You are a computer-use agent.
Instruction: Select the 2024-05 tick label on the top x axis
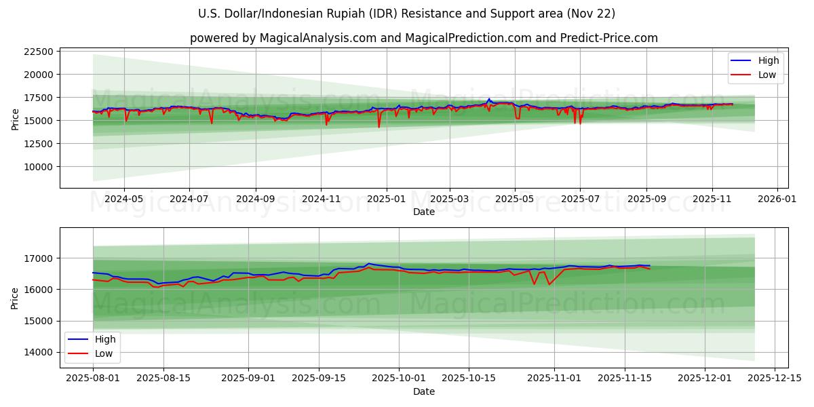click(123, 199)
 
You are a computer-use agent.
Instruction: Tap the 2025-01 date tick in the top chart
click(386, 199)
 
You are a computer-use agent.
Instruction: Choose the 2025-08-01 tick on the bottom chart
click(93, 379)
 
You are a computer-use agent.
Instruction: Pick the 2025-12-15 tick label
click(774, 379)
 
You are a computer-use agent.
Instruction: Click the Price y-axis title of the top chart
click(15, 120)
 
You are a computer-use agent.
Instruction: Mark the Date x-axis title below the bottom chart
click(424, 391)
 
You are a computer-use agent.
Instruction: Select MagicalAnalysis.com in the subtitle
click(317, 38)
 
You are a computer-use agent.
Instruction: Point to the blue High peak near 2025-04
click(488, 99)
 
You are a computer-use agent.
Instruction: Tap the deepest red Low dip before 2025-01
click(379, 127)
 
